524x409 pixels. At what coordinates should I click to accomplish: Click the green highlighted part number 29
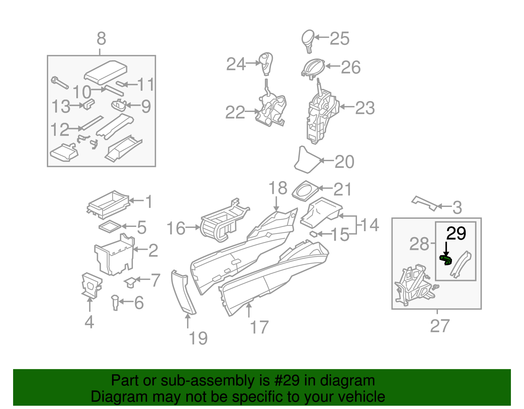point(446,260)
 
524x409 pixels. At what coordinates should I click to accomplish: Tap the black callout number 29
point(456,234)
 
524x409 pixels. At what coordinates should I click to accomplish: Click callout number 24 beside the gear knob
point(236,64)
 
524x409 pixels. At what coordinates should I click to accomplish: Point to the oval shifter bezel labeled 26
point(313,68)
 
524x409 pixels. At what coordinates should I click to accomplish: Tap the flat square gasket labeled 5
point(110,226)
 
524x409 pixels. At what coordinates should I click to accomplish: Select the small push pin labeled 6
point(115,302)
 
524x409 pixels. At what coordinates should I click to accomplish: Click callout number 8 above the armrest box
point(101,39)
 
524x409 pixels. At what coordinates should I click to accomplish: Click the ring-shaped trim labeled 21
point(305,191)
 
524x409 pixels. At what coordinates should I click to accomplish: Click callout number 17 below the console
point(259,327)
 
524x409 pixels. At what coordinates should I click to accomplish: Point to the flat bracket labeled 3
point(424,203)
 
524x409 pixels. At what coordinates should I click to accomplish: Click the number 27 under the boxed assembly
point(440,326)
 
